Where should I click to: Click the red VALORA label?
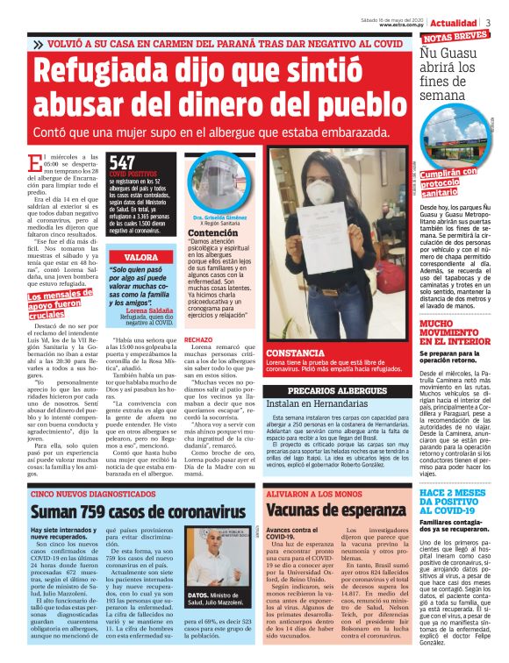(x=141, y=257)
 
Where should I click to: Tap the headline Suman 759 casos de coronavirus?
(x=127, y=513)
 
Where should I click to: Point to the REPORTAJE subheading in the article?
(x=199, y=312)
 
